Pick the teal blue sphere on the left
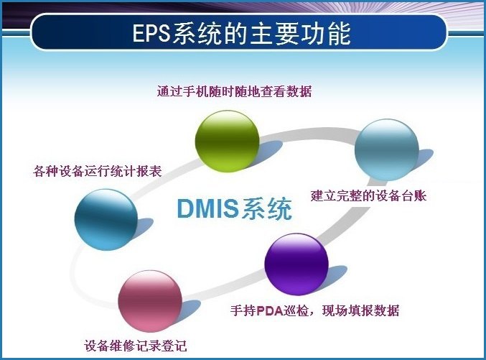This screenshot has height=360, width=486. click(x=106, y=218)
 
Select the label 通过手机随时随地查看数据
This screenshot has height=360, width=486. click(x=234, y=91)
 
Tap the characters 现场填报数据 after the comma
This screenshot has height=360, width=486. click(x=365, y=311)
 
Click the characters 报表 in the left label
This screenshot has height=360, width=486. click(x=151, y=172)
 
